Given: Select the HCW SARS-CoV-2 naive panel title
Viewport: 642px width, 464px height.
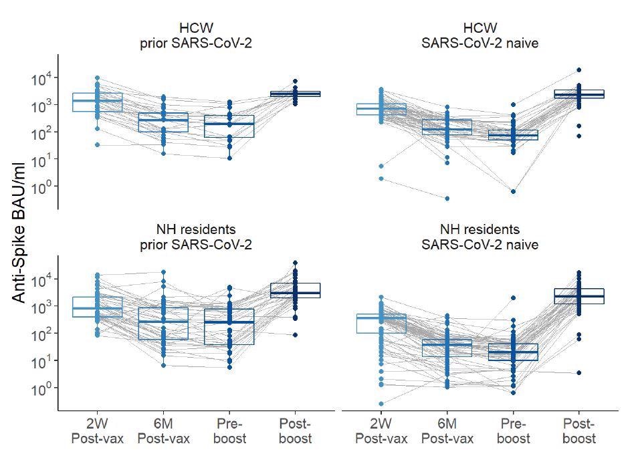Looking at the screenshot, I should click(x=479, y=36).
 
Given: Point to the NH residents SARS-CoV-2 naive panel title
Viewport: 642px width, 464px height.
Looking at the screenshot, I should click(x=479, y=237).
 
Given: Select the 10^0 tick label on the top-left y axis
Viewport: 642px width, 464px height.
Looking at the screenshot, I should click(x=41, y=187).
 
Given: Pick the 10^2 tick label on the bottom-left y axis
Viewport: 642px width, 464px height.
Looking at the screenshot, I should click(x=41, y=334).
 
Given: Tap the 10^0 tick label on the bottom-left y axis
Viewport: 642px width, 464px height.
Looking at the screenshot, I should click(x=41, y=388).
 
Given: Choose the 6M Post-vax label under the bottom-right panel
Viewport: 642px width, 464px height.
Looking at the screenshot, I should click(x=447, y=431).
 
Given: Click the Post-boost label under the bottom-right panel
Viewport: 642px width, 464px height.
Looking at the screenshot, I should click(x=579, y=431).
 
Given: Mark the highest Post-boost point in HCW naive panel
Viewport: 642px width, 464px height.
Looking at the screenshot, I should click(x=579, y=70).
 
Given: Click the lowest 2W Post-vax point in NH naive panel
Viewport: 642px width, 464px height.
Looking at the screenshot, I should click(x=381, y=404).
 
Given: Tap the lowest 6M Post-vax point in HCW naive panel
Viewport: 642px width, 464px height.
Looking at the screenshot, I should click(x=447, y=198).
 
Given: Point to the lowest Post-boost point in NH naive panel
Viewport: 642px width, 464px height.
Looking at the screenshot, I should click(x=579, y=372).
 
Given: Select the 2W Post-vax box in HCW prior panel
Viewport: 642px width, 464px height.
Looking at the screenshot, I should click(x=98, y=102).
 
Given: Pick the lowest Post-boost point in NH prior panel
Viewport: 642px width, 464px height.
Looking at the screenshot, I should click(x=296, y=334).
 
